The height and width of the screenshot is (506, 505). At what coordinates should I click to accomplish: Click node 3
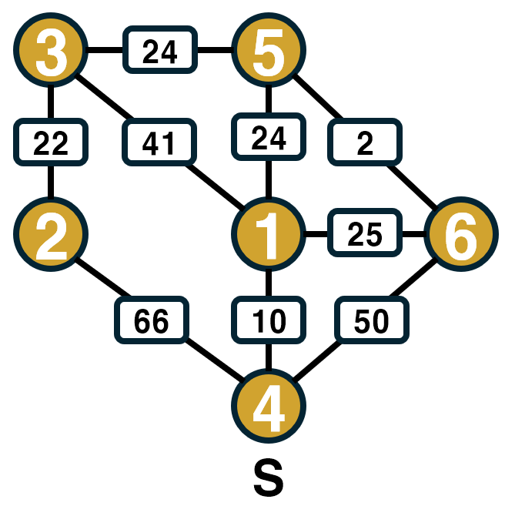coord(51,52)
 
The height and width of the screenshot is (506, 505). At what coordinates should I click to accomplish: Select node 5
coord(269,52)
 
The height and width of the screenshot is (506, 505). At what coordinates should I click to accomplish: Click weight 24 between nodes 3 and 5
coord(160,52)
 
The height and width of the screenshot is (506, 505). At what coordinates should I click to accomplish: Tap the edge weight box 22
coord(51,143)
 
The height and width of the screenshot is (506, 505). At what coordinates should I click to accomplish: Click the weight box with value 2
coord(366,143)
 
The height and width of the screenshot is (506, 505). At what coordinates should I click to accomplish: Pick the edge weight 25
coord(365,235)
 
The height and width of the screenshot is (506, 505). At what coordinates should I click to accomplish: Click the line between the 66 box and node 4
coord(212,361)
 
